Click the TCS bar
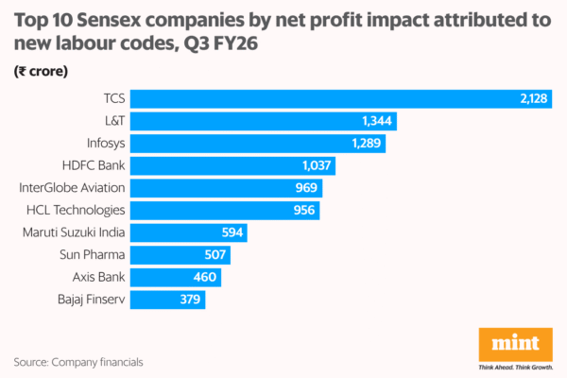coord(321,99)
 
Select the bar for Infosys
coord(246,144)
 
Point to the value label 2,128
coord(531,99)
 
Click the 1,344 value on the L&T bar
coord(376,122)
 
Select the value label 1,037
coord(316,166)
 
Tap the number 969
coord(305,188)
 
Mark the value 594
coord(232,232)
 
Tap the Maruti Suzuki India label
coord(73,232)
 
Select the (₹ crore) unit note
coord(39,71)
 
